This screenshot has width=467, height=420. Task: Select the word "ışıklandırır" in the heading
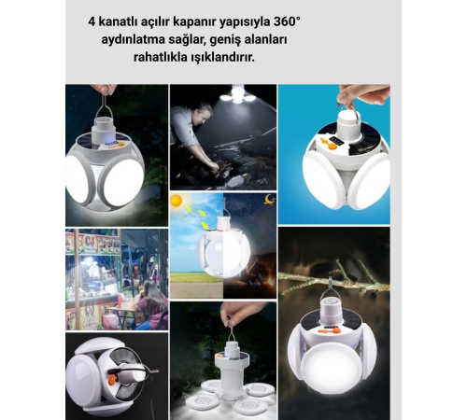pyautogui.click(x=292, y=57)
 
